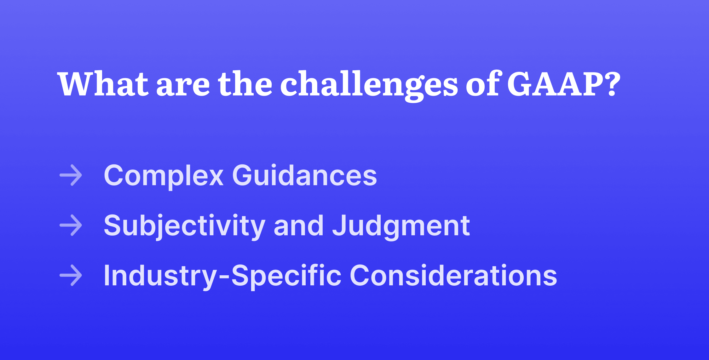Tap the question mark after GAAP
(613, 84)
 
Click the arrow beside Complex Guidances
(71, 175)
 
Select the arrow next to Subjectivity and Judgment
(71, 225)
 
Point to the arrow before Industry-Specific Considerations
(71, 275)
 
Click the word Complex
(164, 176)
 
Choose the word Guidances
(304, 176)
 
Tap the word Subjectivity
(184, 226)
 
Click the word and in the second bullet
(298, 226)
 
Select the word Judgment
(401, 226)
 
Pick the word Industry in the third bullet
(160, 276)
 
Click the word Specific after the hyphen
(286, 276)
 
